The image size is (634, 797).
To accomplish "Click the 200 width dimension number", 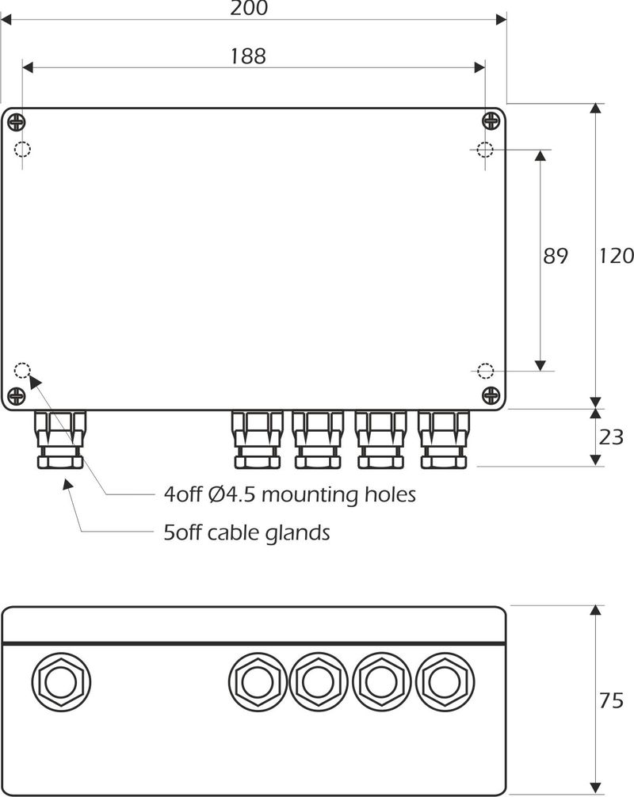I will coord(249,8).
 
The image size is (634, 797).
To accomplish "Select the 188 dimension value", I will coord(248,55).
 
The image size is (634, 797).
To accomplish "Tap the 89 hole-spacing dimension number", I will coord(556,257).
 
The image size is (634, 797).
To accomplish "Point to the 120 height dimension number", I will coord(616,257).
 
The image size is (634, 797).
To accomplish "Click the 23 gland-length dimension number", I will coord(611,437).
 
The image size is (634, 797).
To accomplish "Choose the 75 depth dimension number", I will coord(611,700).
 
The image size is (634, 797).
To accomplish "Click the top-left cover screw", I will coord(17,121).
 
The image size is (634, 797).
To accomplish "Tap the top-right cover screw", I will coord(491,121).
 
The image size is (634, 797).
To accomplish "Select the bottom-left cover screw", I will coord(17,395).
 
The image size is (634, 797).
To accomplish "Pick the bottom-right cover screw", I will coord(491,395).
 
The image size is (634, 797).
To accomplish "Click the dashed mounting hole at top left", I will coord(22,149).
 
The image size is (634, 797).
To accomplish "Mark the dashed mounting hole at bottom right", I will coord(485,370).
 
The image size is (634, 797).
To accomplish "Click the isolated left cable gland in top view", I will coord(59,440).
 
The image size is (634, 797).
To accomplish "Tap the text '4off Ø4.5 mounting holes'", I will coord(289,496).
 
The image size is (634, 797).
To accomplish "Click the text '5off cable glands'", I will coord(246,532).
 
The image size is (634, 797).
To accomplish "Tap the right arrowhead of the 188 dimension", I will coord(479,68).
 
